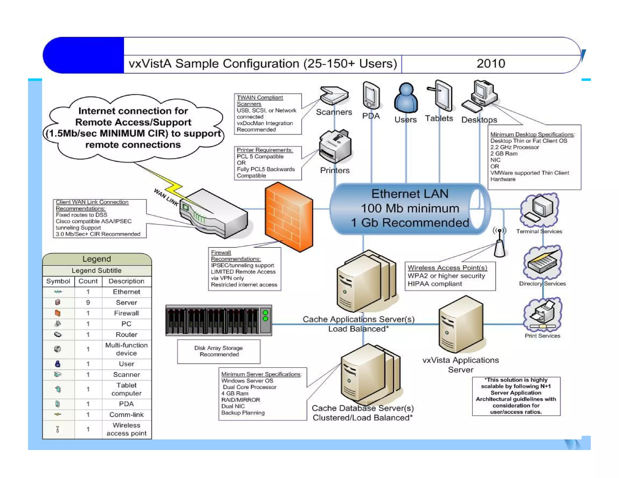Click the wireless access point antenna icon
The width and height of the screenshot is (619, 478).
[500, 244]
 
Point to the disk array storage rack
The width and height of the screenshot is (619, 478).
[219, 320]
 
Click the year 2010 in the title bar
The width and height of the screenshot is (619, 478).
[491, 64]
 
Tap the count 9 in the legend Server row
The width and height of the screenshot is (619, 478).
[88, 302]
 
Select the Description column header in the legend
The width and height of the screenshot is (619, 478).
[126, 281]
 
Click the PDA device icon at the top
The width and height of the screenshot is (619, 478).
[371, 95]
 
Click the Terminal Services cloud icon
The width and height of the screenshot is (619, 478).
[540, 210]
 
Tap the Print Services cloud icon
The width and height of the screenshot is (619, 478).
[543, 314]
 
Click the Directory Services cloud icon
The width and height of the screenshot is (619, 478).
[542, 263]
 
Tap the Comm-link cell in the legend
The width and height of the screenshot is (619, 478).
[126, 415]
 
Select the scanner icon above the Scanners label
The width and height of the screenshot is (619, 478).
[334, 95]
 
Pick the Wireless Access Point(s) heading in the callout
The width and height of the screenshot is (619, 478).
[447, 268]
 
